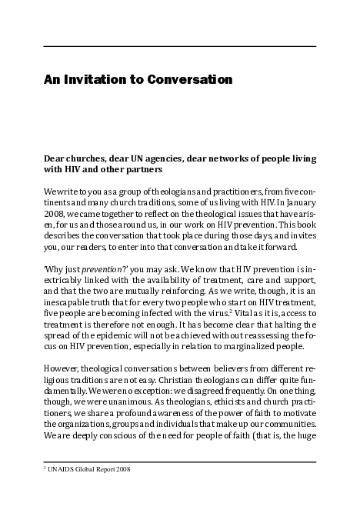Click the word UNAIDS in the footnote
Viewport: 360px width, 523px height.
pos(65,469)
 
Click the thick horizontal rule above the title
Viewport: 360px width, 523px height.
pos(179,46)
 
